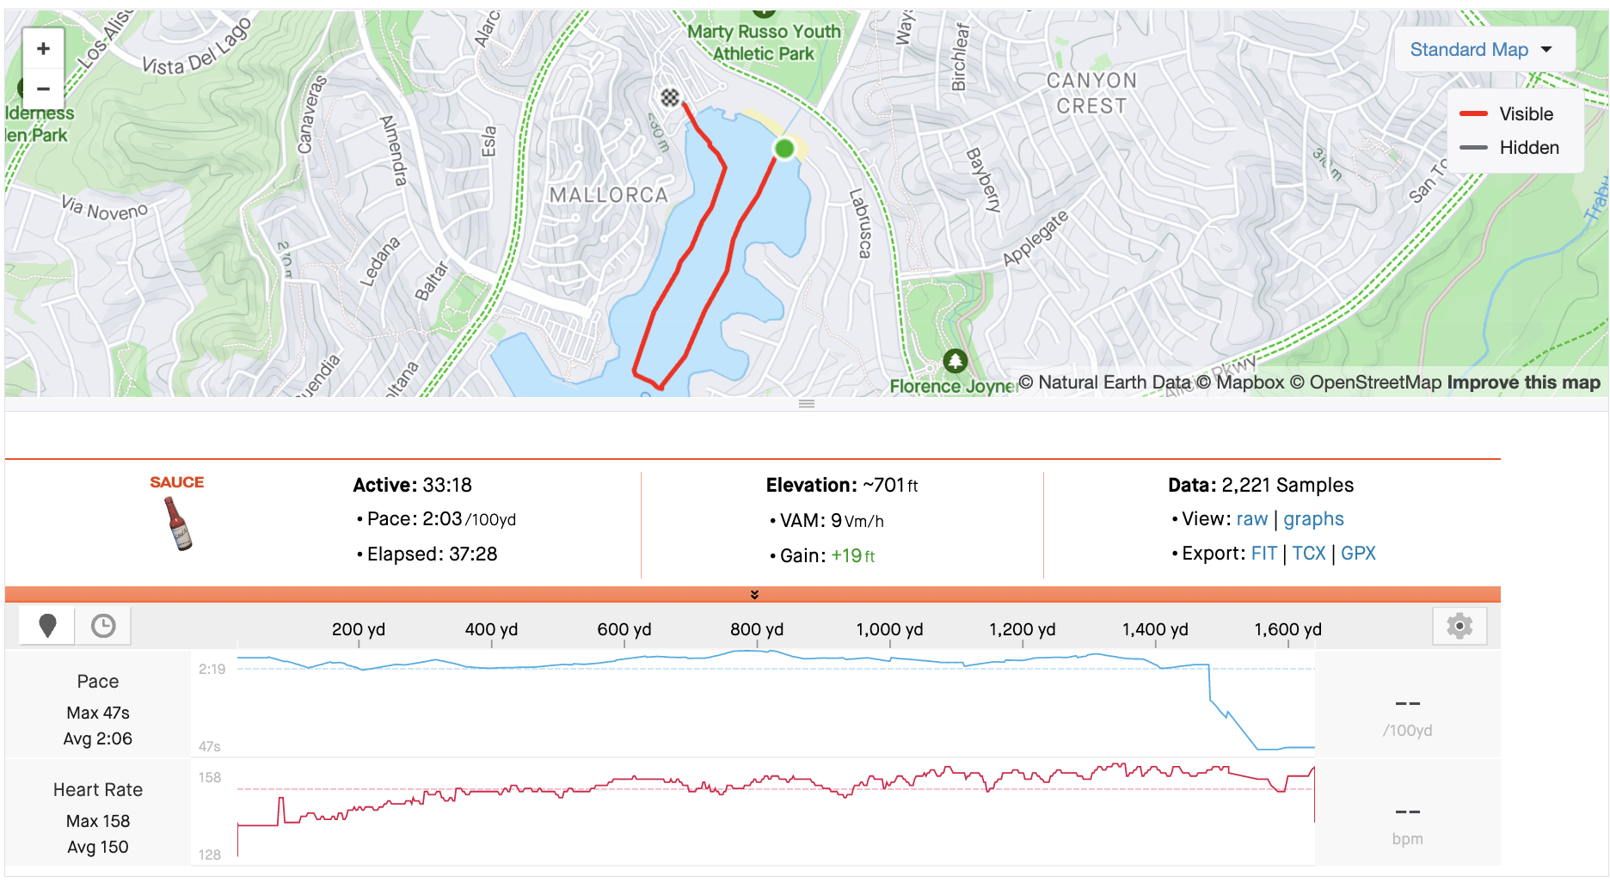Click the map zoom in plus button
click(x=43, y=49)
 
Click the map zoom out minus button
click(x=43, y=89)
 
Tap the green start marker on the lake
click(x=783, y=149)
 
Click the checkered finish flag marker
click(x=670, y=97)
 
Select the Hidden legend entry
click(x=1528, y=148)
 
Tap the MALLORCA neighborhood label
click(x=609, y=196)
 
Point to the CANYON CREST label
click(x=1091, y=93)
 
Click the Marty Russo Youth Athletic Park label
click(x=764, y=43)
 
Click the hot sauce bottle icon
click(x=179, y=523)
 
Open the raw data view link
click(x=1251, y=519)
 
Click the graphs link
click(x=1313, y=519)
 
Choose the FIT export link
click(x=1263, y=554)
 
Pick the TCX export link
click(x=1308, y=554)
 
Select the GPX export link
click(x=1358, y=554)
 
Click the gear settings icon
click(x=1459, y=626)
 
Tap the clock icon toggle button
click(x=103, y=626)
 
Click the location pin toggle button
click(x=48, y=626)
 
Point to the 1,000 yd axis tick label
click(x=889, y=629)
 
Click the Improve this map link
click(x=1523, y=383)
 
